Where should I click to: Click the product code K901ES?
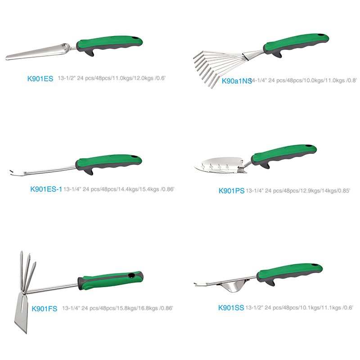[x=40, y=79]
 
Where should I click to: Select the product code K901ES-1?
[x=46, y=189]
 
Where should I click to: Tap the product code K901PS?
[x=231, y=191]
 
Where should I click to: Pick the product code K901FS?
[x=44, y=309]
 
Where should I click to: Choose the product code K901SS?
[x=231, y=308]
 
